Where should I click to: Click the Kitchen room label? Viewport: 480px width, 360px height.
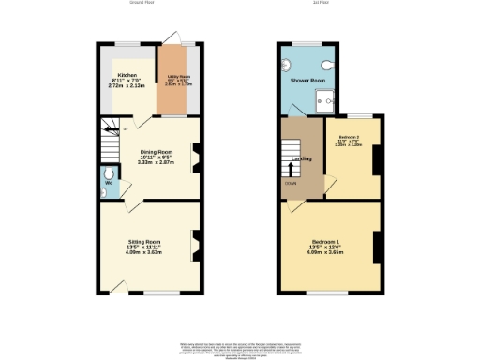click(127, 74)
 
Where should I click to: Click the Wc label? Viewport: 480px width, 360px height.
click(109, 182)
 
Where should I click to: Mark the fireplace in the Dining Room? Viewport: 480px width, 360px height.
click(196, 157)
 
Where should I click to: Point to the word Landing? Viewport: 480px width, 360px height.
click(302, 157)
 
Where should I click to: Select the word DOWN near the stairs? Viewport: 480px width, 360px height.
click(292, 184)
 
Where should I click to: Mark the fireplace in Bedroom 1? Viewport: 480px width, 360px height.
click(375, 247)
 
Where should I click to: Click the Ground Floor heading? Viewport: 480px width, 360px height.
click(142, 3)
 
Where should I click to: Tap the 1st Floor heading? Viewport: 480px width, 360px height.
click(319, 3)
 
